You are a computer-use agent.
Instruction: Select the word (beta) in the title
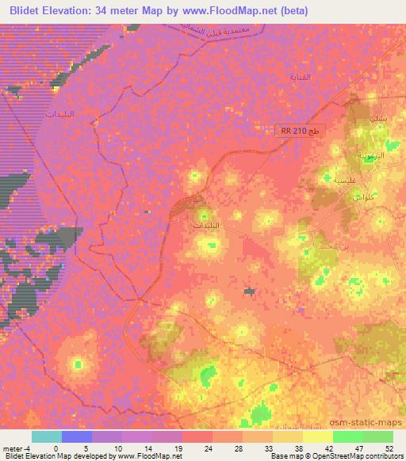(x=291, y=10)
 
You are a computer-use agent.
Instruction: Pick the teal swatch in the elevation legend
(x=47, y=436)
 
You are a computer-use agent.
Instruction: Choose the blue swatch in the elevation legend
(x=77, y=436)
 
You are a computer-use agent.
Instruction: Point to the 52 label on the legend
(x=389, y=448)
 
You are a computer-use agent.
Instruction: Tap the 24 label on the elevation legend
(x=208, y=448)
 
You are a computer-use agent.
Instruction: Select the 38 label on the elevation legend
(x=299, y=448)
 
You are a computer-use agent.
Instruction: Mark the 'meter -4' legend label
(x=16, y=448)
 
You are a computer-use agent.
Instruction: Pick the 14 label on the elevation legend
(x=147, y=448)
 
